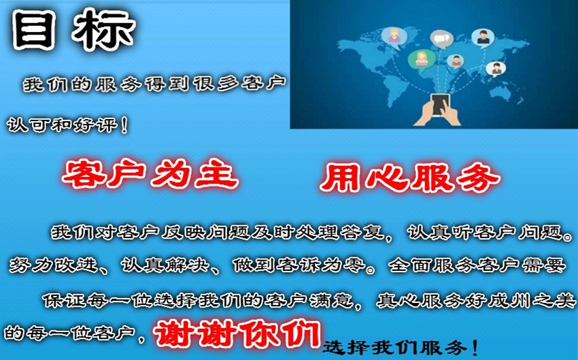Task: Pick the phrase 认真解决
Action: pyautogui.click(x=167, y=265)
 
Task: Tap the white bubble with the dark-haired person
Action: pyautogui.click(x=483, y=37)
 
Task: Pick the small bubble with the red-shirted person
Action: pyautogui.click(x=456, y=60)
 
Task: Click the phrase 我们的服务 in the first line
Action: pyautogui.click(x=75, y=85)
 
